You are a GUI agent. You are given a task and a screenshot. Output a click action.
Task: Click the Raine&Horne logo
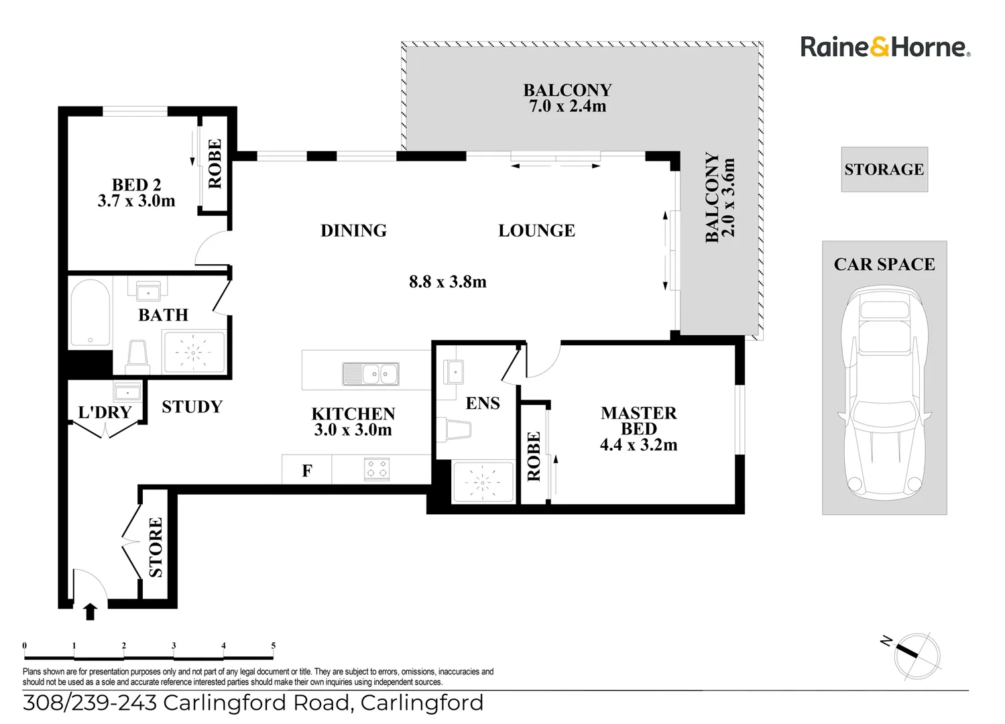pos(885,47)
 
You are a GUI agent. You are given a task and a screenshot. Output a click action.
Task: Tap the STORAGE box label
pos(884,170)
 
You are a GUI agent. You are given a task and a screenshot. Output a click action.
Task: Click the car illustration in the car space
pos(884,392)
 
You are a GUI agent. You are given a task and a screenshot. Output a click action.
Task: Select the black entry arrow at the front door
pos(90,611)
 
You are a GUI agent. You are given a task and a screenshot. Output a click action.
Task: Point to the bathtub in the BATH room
pos(90,312)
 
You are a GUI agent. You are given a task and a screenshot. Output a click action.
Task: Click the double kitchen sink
pos(370,374)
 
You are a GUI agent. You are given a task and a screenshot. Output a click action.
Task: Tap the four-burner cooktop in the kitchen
pos(375,469)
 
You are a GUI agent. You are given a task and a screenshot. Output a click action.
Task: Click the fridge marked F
pos(306,471)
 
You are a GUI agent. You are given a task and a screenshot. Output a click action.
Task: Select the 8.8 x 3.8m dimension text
pos(447,282)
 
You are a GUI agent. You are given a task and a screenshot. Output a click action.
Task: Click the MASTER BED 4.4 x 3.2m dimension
pos(638,444)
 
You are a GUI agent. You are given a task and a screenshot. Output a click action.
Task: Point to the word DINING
pos(353,231)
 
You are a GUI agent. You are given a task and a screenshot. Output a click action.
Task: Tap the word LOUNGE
pos(536,231)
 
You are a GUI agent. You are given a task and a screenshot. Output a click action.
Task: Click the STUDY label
pos(192,407)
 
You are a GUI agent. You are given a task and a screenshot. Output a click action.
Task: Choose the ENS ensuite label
pos(483,403)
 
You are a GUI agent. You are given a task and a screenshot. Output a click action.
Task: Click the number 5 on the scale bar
pos(273,646)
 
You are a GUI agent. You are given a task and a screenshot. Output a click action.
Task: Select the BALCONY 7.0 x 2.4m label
pos(567,98)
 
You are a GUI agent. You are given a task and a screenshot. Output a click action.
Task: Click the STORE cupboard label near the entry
pos(156,547)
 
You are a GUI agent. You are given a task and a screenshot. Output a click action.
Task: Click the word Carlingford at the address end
pos(422,703)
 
